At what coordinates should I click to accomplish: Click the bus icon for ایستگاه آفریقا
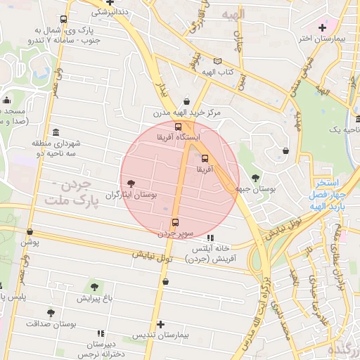point(176,127)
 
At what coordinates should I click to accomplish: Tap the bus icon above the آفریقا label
point(205,158)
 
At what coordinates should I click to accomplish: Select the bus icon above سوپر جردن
point(175,224)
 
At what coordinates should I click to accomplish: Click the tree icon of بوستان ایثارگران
point(131,184)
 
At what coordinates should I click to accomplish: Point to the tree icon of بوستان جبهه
point(254,179)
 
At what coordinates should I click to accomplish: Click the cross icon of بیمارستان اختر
point(322,27)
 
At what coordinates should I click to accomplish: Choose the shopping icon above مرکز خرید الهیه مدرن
point(186,101)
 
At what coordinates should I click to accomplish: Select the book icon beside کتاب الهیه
point(217,62)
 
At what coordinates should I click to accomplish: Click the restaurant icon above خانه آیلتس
point(210,238)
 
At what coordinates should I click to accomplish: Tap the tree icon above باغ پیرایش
point(94,287)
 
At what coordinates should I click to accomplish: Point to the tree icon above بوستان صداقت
point(51,313)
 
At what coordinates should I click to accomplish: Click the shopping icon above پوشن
point(30,231)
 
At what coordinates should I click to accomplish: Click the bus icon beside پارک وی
point(64,20)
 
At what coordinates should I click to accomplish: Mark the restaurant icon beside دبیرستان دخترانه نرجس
point(100,333)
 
